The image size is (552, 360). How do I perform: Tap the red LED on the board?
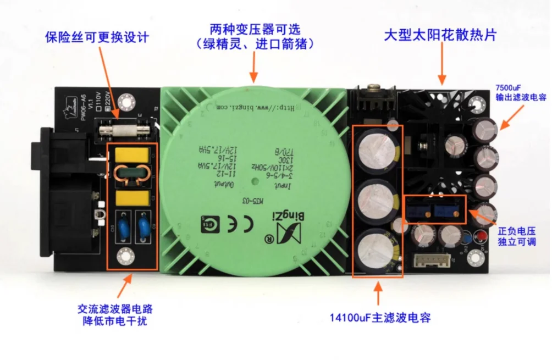[479, 237]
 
